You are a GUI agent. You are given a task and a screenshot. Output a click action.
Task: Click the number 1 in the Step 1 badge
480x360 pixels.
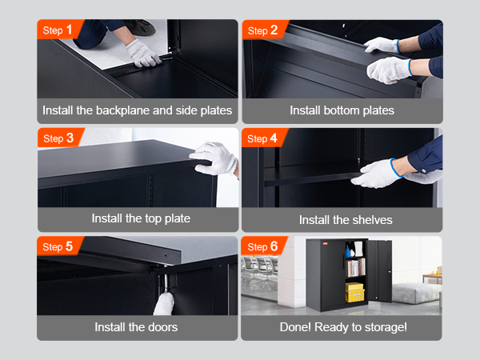pyautogui.click(x=69, y=30)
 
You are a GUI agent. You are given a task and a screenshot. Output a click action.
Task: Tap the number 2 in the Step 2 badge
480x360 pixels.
pyautogui.click(x=274, y=30)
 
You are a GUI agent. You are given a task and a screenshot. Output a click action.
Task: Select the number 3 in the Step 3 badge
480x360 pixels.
pyautogui.click(x=70, y=138)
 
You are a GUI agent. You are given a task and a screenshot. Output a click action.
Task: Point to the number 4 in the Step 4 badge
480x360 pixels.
pyautogui.click(x=274, y=138)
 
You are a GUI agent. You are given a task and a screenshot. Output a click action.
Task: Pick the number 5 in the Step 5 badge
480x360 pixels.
pyautogui.click(x=69, y=246)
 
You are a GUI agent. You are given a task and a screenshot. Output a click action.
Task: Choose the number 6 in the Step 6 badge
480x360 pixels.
pyautogui.click(x=274, y=246)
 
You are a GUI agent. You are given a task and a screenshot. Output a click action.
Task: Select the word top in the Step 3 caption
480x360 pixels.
pyautogui.click(x=153, y=219)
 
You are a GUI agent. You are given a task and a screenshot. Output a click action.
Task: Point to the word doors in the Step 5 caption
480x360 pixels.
pyautogui.click(x=162, y=327)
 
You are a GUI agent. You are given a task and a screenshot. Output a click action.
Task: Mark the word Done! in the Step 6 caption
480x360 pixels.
pyautogui.click(x=295, y=327)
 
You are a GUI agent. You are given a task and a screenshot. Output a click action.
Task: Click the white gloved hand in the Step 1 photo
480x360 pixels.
pyautogui.click(x=142, y=54)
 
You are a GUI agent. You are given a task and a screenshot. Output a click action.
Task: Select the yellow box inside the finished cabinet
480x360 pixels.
pyautogui.click(x=354, y=292)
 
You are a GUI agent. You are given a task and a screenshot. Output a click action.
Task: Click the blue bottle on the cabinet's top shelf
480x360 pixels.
pyautogui.click(x=348, y=251)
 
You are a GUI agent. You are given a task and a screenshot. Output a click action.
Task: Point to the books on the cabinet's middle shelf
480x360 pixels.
pyautogui.click(x=355, y=267)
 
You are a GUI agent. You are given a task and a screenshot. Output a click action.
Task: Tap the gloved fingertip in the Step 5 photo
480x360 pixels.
pyautogui.click(x=163, y=304)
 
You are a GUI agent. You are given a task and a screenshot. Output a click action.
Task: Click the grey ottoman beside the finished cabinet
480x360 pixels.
pyautogui.click(x=416, y=293)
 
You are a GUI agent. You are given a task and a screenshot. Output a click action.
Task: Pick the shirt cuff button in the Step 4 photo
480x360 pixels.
pyautogui.click(x=424, y=170)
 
